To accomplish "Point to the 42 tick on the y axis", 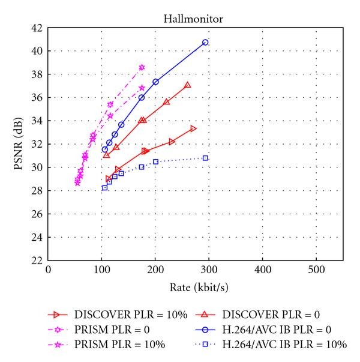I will coord(36,28).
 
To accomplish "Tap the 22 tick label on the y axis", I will coord(36,260).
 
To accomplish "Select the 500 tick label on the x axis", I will coord(316,271).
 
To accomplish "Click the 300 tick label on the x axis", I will coord(208,271).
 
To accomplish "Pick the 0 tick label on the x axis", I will coord(48,271).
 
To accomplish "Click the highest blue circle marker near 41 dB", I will coord(205,42).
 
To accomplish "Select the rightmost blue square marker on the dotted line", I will coord(205,158).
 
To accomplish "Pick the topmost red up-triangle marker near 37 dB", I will coord(188,85).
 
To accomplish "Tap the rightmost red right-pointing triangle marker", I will coord(193,128).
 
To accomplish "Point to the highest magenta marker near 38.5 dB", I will coord(142,67).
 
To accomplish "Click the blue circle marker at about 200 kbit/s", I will coord(155,82).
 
